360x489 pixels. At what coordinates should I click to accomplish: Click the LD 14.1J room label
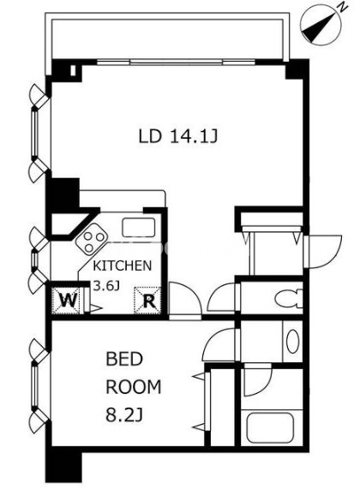177,136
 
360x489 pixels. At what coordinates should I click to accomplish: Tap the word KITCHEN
123,265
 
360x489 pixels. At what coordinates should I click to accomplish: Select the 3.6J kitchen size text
107,286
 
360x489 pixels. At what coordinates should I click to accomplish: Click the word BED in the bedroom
124,359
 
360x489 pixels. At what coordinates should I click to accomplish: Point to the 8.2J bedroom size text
124,414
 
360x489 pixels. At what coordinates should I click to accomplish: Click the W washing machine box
68,301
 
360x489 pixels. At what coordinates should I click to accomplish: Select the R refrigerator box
147,300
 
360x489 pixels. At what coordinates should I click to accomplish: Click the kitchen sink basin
139,227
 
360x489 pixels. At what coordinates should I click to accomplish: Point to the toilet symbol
289,298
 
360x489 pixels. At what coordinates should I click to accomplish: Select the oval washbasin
292,341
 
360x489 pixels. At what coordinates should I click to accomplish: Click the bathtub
270,427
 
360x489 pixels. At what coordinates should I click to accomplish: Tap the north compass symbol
321,27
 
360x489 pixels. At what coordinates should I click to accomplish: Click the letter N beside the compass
343,8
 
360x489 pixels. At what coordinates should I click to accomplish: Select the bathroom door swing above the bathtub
257,382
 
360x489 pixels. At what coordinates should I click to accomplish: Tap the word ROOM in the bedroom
134,387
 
